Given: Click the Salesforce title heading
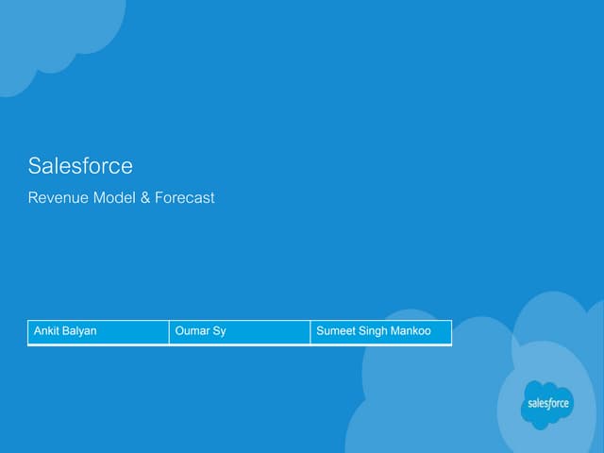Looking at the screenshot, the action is click(x=80, y=166).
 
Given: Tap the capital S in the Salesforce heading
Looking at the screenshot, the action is click(x=35, y=166).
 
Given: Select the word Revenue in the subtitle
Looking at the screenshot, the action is click(x=59, y=197).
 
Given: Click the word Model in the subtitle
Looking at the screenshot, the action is click(x=114, y=197).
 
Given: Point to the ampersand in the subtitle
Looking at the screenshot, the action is click(x=145, y=197).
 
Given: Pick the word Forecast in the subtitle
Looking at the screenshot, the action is click(x=185, y=197).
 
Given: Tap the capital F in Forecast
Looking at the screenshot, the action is click(x=159, y=197).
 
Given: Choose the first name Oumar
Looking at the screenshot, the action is click(x=190, y=330).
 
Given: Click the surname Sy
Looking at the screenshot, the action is click(x=219, y=331).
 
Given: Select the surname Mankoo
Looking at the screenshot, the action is click(x=411, y=330).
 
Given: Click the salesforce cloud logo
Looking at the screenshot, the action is click(x=547, y=405).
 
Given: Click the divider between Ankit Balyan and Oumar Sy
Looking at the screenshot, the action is click(x=169, y=331).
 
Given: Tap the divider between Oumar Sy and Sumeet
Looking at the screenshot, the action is click(x=310, y=331).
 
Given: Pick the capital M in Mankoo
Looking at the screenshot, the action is click(x=394, y=330).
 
